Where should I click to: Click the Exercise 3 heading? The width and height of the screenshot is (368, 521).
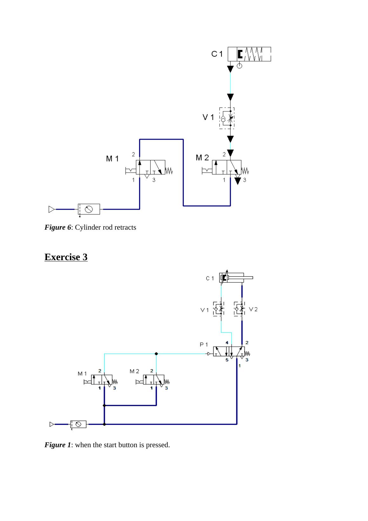pyautogui.click(x=66, y=257)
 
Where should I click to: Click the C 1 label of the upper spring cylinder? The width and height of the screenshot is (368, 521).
pyautogui.click(x=217, y=54)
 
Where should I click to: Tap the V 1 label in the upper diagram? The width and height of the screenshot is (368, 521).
pyautogui.click(x=208, y=117)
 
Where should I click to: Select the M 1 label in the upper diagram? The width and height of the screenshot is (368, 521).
pyautogui.click(x=112, y=158)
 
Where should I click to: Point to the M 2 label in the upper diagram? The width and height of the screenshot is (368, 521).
pyautogui.click(x=202, y=157)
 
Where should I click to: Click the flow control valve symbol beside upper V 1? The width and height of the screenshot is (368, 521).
pyautogui.click(x=227, y=118)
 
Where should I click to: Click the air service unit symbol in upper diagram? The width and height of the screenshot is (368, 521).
pyautogui.click(x=89, y=209)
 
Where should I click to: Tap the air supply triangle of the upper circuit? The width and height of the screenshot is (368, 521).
pyautogui.click(x=51, y=209)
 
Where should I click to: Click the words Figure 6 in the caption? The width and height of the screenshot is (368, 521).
pyautogui.click(x=58, y=227)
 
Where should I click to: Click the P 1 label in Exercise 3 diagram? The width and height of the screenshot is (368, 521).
pyautogui.click(x=204, y=344)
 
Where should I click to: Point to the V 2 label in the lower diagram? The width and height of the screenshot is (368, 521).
pyautogui.click(x=253, y=309)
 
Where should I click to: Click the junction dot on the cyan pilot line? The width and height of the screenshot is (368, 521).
pyautogui.click(x=156, y=354)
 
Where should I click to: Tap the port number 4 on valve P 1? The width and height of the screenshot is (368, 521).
pyautogui.click(x=227, y=343)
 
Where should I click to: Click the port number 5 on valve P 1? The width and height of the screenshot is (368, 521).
pyautogui.click(x=227, y=360)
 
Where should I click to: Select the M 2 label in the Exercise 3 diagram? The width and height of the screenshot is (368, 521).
pyautogui.click(x=134, y=371)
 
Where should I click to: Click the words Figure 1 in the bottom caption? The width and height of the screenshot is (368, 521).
pyautogui.click(x=58, y=445)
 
